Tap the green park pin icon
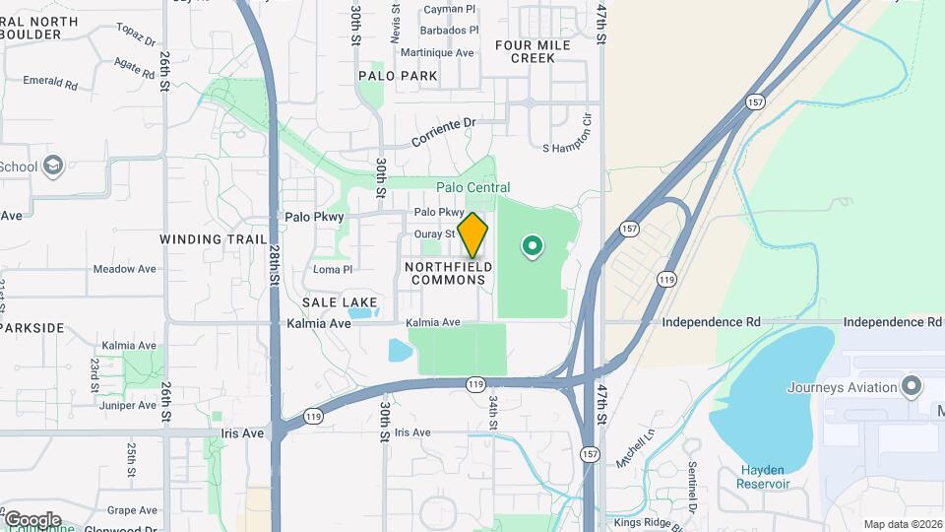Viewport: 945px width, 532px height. coord(533,245)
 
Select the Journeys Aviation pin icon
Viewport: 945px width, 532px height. coord(912,386)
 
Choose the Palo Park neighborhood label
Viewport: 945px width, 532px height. coord(398,75)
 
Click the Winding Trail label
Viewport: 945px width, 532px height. coord(213,239)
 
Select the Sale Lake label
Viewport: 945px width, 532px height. coord(334,301)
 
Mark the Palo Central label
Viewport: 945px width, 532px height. coord(473,187)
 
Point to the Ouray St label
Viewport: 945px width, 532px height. coord(434,233)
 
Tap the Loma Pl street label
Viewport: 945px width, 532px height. coord(332,269)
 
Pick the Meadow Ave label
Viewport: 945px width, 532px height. coord(125,269)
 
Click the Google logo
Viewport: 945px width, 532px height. coord(31,519)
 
